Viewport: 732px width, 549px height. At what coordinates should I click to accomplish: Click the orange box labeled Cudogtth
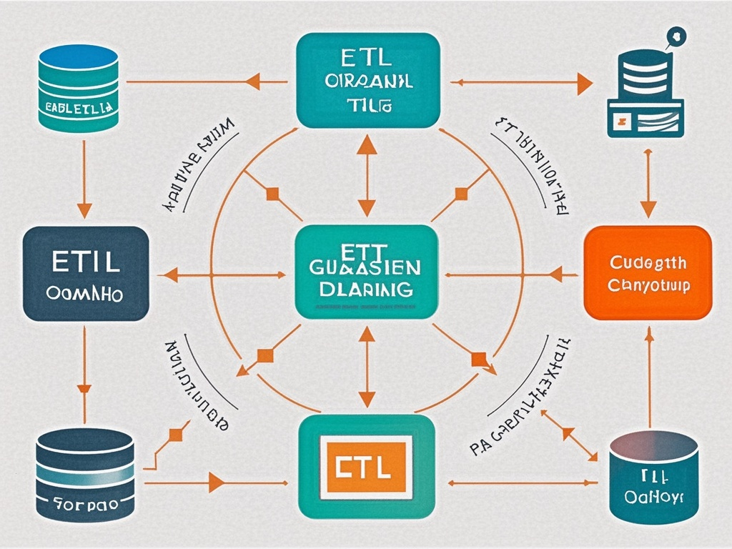648,272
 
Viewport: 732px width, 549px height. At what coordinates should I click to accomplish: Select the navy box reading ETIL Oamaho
86,273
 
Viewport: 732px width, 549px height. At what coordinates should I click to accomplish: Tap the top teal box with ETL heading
367,80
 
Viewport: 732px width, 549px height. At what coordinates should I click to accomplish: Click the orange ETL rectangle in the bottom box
366,469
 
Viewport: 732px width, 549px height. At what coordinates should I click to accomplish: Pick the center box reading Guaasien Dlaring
366,272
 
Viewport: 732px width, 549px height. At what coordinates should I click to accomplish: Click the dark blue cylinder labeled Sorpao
84,473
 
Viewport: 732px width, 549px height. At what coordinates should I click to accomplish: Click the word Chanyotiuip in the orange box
648,287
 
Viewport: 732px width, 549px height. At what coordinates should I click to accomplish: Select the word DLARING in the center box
366,289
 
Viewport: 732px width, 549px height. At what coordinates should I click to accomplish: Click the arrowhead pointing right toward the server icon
584,84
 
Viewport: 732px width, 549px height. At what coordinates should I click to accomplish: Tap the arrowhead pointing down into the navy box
84,210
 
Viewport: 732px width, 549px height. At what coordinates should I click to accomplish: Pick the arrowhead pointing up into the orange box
649,333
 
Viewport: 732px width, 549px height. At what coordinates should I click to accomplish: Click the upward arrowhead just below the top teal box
367,144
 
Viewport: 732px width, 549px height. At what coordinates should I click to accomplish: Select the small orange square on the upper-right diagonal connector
461,193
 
